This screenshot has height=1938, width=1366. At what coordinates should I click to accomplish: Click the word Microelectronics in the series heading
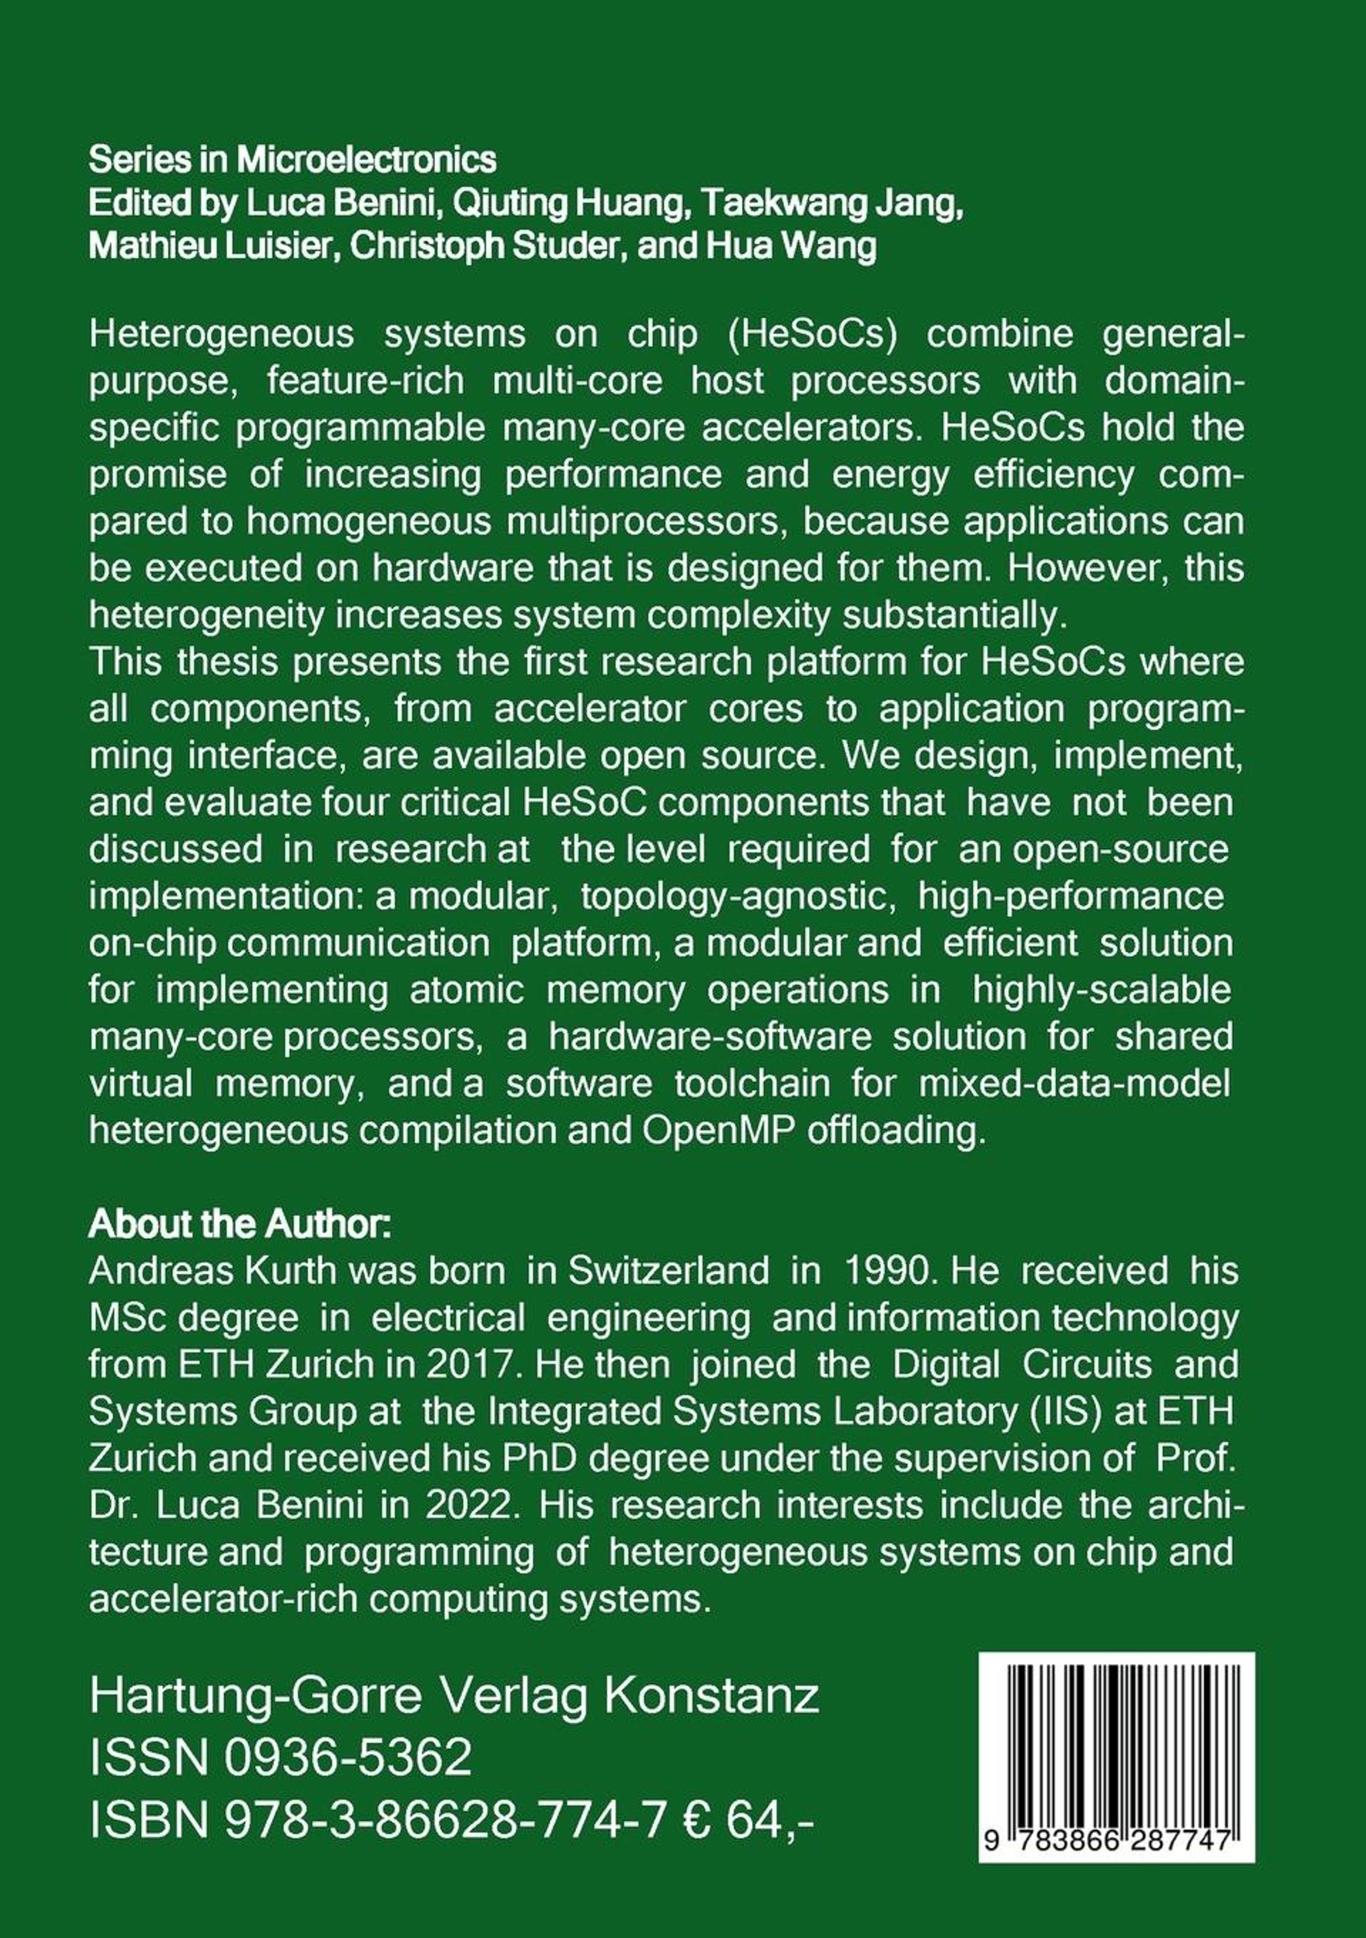(367, 159)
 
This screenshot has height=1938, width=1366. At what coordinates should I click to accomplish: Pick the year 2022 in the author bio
(468, 1505)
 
